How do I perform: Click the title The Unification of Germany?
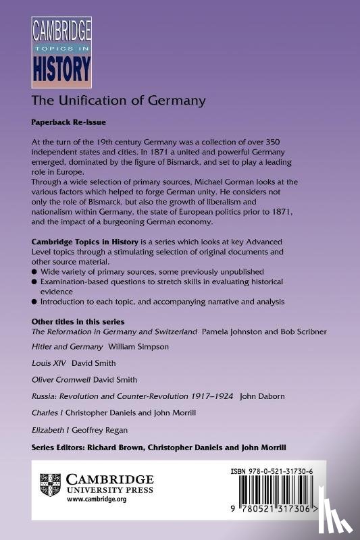click(118, 102)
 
